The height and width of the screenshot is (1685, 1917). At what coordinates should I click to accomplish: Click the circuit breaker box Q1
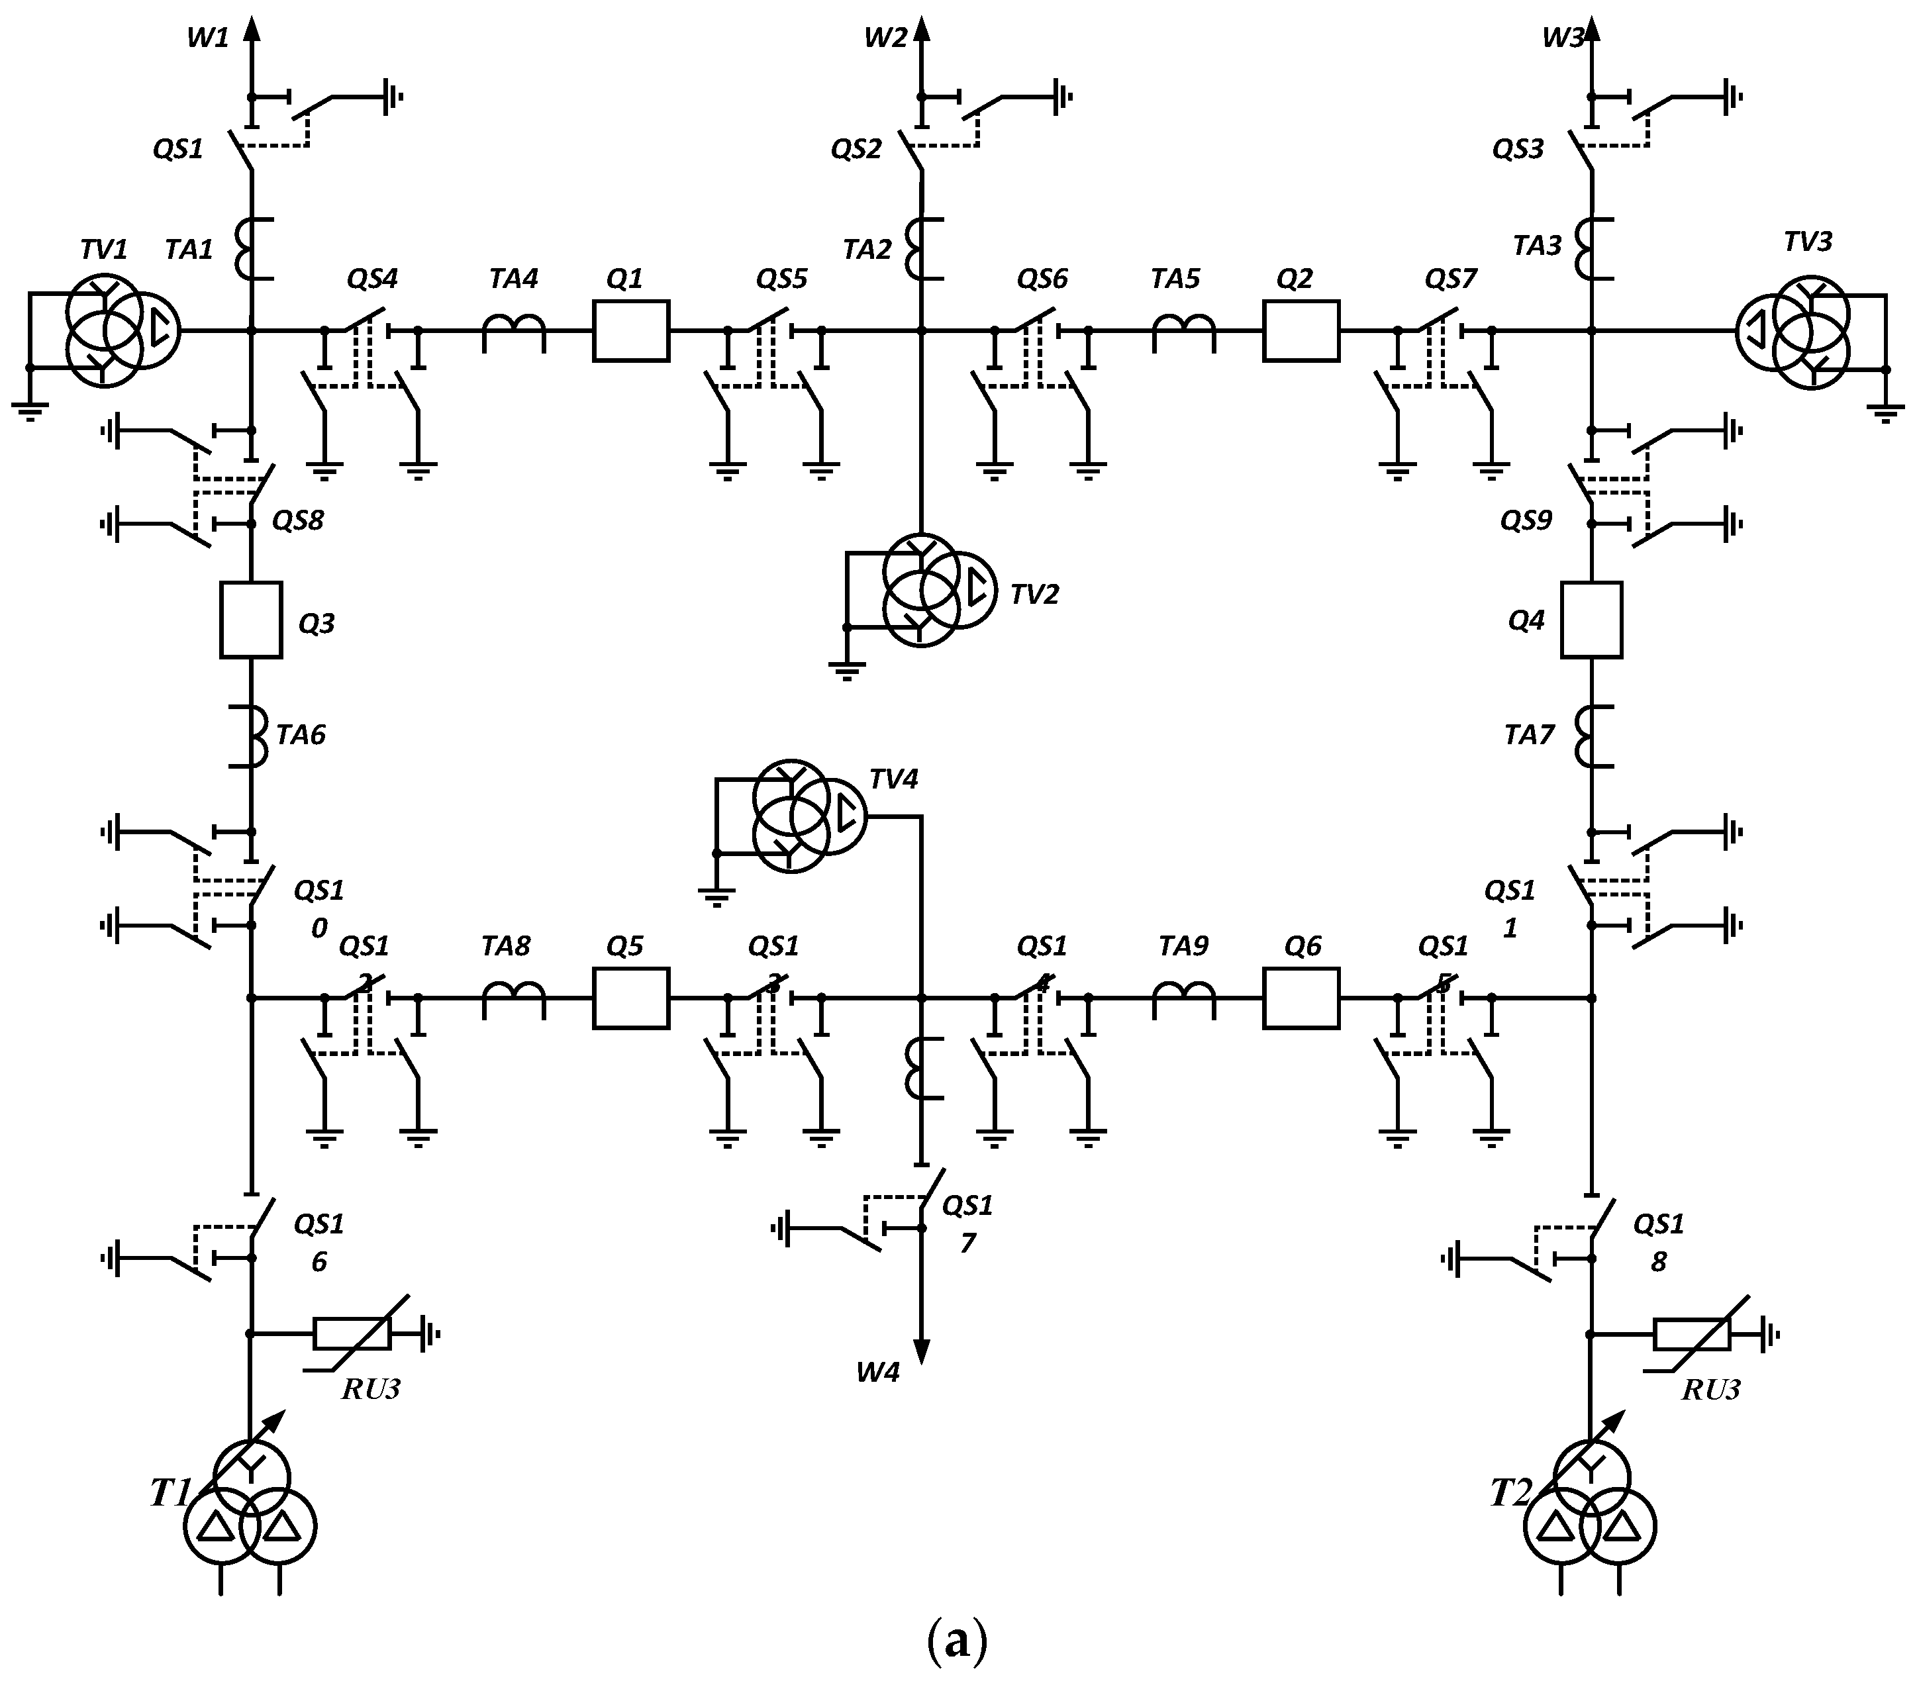click(630, 330)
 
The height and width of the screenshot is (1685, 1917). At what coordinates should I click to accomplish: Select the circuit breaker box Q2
click(1301, 330)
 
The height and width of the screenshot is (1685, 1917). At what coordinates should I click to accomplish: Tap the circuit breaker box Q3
click(250, 620)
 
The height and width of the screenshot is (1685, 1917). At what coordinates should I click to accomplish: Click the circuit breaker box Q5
click(630, 998)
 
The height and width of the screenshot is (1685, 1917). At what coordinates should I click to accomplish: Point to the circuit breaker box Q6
click(1301, 998)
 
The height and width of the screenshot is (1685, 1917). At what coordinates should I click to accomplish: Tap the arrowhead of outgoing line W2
click(921, 28)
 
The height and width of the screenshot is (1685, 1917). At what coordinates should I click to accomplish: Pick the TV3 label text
click(1807, 242)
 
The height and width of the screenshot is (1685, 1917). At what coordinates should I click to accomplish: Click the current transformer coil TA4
click(513, 330)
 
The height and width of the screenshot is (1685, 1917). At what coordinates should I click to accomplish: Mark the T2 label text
click(1510, 1493)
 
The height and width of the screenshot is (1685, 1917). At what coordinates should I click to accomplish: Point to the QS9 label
click(1526, 520)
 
